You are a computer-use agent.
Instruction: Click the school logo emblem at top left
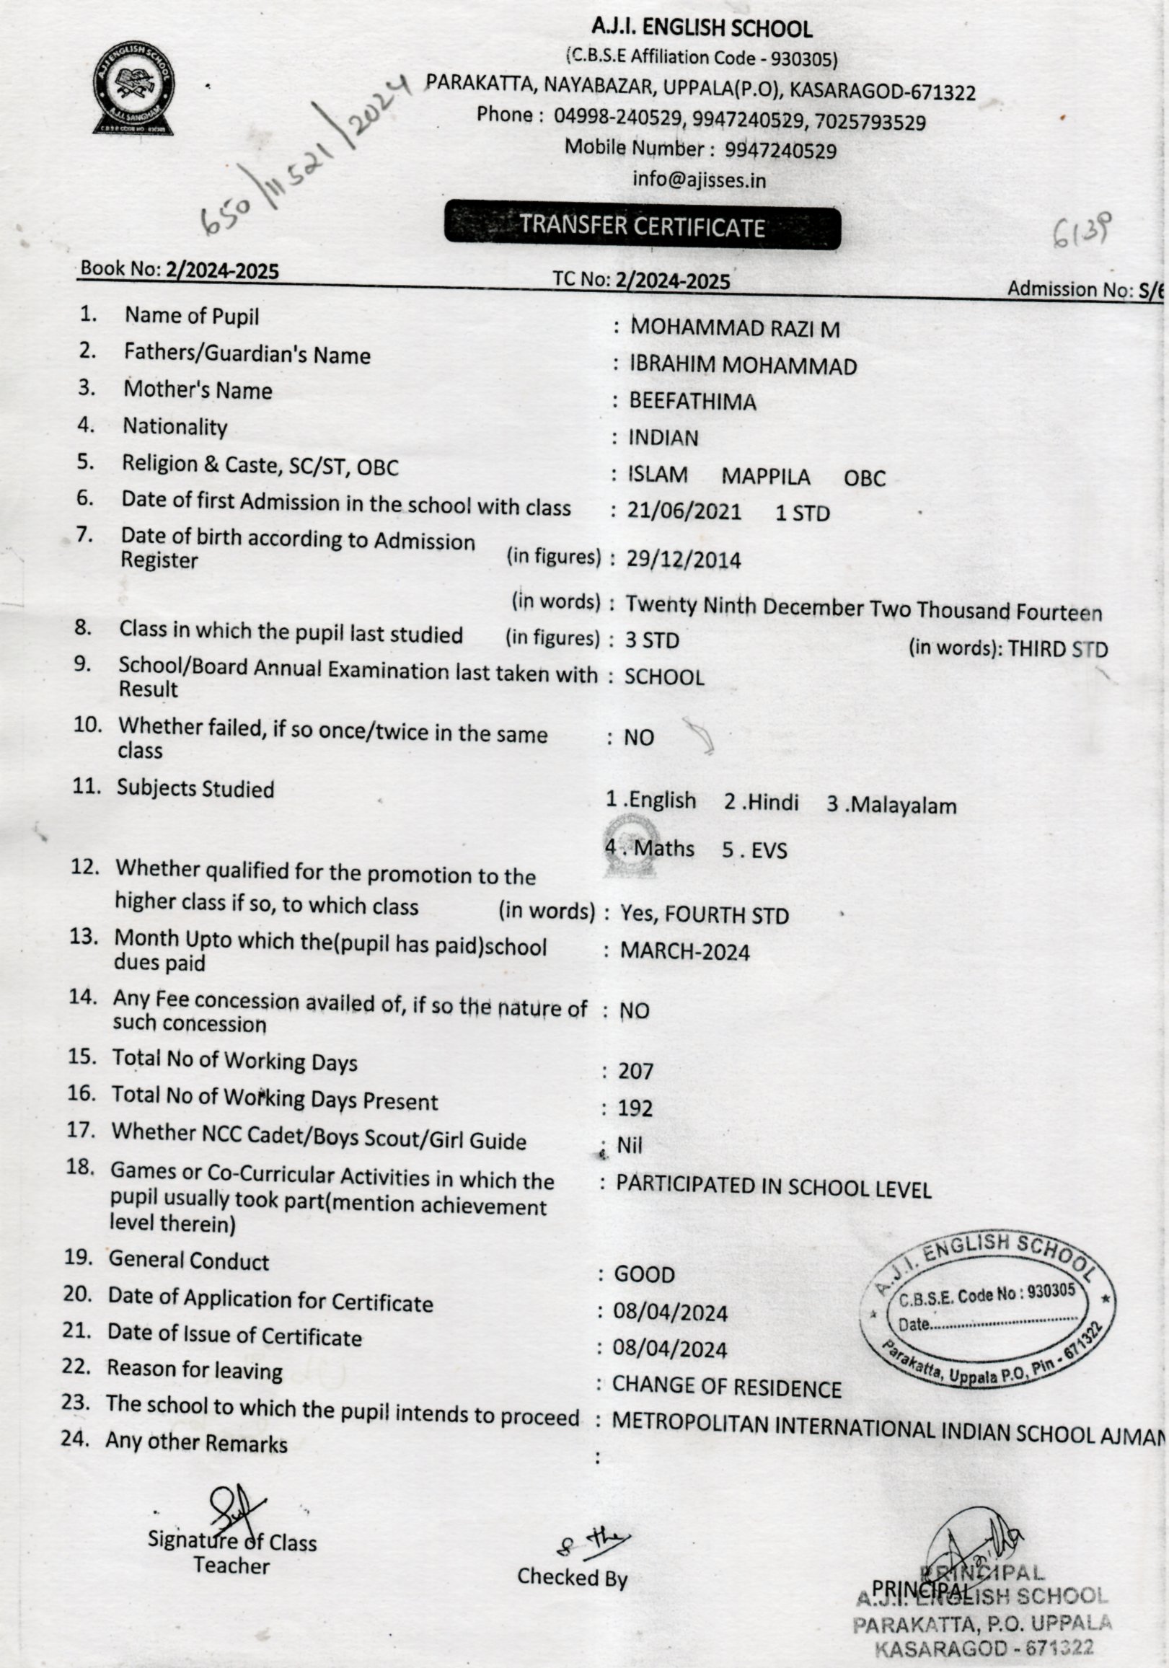click(x=133, y=88)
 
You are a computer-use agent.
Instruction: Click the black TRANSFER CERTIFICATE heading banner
click(x=643, y=226)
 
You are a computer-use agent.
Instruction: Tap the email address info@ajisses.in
click(x=699, y=180)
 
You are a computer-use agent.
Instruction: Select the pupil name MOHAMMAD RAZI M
click(x=735, y=328)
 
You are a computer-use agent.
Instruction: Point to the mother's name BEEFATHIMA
click(x=692, y=402)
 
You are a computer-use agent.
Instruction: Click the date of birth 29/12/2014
click(x=684, y=560)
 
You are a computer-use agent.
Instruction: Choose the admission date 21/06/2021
click(x=684, y=511)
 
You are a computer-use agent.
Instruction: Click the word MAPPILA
click(x=765, y=477)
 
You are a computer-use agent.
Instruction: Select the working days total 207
click(x=636, y=1072)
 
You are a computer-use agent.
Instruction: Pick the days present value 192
click(x=635, y=1108)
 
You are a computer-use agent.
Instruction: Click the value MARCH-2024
click(x=684, y=952)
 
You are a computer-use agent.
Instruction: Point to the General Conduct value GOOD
click(x=645, y=1275)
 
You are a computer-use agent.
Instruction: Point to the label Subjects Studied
click(x=195, y=789)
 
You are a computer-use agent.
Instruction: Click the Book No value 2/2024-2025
click(x=222, y=271)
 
